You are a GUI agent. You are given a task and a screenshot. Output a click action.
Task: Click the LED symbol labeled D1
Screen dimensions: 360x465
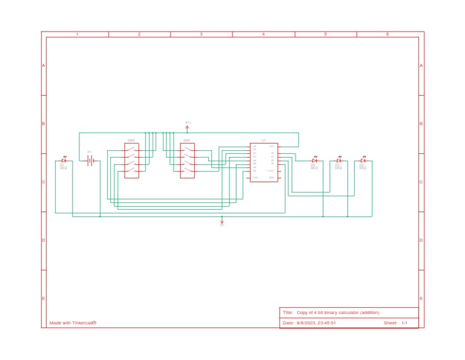coord(63,161)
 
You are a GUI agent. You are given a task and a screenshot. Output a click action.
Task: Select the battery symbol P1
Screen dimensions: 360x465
coord(90,161)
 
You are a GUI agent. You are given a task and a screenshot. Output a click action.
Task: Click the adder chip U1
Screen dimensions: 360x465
coord(263,162)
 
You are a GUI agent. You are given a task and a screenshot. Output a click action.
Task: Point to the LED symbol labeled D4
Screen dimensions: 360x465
coord(314,161)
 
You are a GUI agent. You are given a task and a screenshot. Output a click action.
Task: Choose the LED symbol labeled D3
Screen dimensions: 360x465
coord(338,161)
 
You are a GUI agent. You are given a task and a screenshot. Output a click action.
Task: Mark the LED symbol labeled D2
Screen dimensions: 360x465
coord(363,161)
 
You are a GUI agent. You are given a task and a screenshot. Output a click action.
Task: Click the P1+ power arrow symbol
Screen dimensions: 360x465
coord(188,126)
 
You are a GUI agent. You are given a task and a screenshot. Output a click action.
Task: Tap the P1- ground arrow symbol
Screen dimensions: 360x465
coord(222,222)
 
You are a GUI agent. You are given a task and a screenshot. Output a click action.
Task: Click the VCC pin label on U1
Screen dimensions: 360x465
coord(272,147)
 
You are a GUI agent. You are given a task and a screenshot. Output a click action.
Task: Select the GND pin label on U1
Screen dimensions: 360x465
coord(272,177)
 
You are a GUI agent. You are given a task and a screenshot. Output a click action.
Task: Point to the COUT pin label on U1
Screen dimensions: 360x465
coord(271,171)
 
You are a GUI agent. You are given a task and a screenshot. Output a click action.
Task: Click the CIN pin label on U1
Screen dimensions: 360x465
coord(255,177)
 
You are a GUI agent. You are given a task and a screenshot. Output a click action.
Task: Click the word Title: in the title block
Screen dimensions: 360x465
coord(288,313)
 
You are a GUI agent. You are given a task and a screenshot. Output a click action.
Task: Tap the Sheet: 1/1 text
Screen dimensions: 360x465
coord(395,323)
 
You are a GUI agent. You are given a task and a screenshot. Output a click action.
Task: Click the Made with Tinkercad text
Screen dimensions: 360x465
coord(73,323)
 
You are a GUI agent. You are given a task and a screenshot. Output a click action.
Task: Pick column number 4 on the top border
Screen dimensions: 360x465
coord(263,35)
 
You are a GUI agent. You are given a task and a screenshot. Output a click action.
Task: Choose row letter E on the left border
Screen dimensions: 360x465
coord(44,299)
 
